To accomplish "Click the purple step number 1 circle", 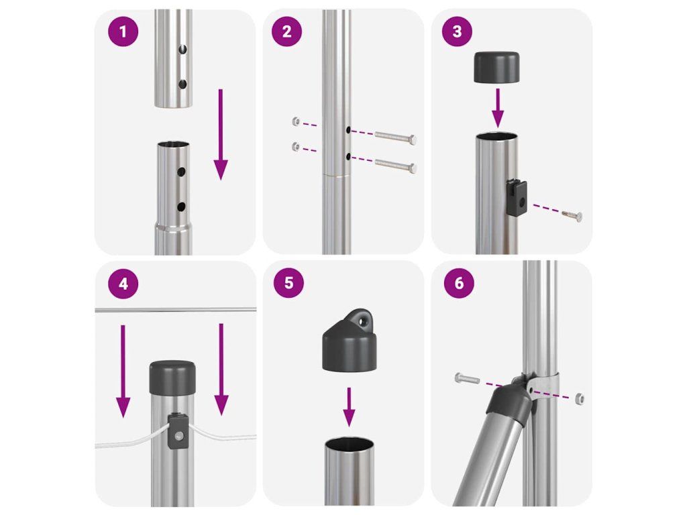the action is coord(123,32).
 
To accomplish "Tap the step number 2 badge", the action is coord(287,32).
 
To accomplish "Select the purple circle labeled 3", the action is coord(457,32).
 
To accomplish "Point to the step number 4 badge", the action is coord(123,284).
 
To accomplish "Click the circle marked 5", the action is coord(288,283).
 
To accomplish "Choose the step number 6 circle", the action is coord(459,283).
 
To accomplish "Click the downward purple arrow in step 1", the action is coord(221,134).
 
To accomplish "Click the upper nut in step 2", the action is coord(297,121).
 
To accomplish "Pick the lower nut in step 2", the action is coord(297,146).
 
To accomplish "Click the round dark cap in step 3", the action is coord(497,67).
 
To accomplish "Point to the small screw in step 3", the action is coord(572,215).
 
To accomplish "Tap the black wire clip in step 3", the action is coord(517,198).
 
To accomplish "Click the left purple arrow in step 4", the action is coord(123,371).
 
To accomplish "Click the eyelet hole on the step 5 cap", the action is coord(363,321).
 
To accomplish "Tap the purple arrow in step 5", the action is coord(349,407).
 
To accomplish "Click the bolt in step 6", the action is coord(468,378).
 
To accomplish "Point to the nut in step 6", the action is coord(579,398).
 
